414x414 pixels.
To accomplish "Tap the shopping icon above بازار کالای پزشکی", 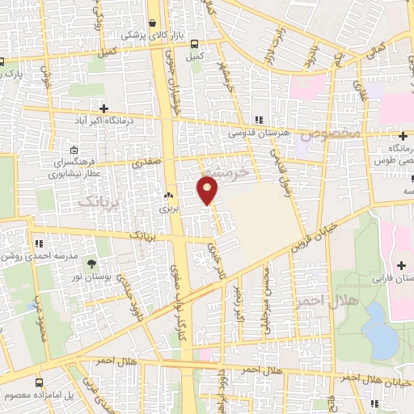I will coord(153,24).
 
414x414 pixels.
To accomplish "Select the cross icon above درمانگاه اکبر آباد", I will coord(103,108).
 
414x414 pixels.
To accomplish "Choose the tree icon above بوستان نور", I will coord(90,264).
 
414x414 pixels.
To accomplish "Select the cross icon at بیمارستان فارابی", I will coord(402,266).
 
